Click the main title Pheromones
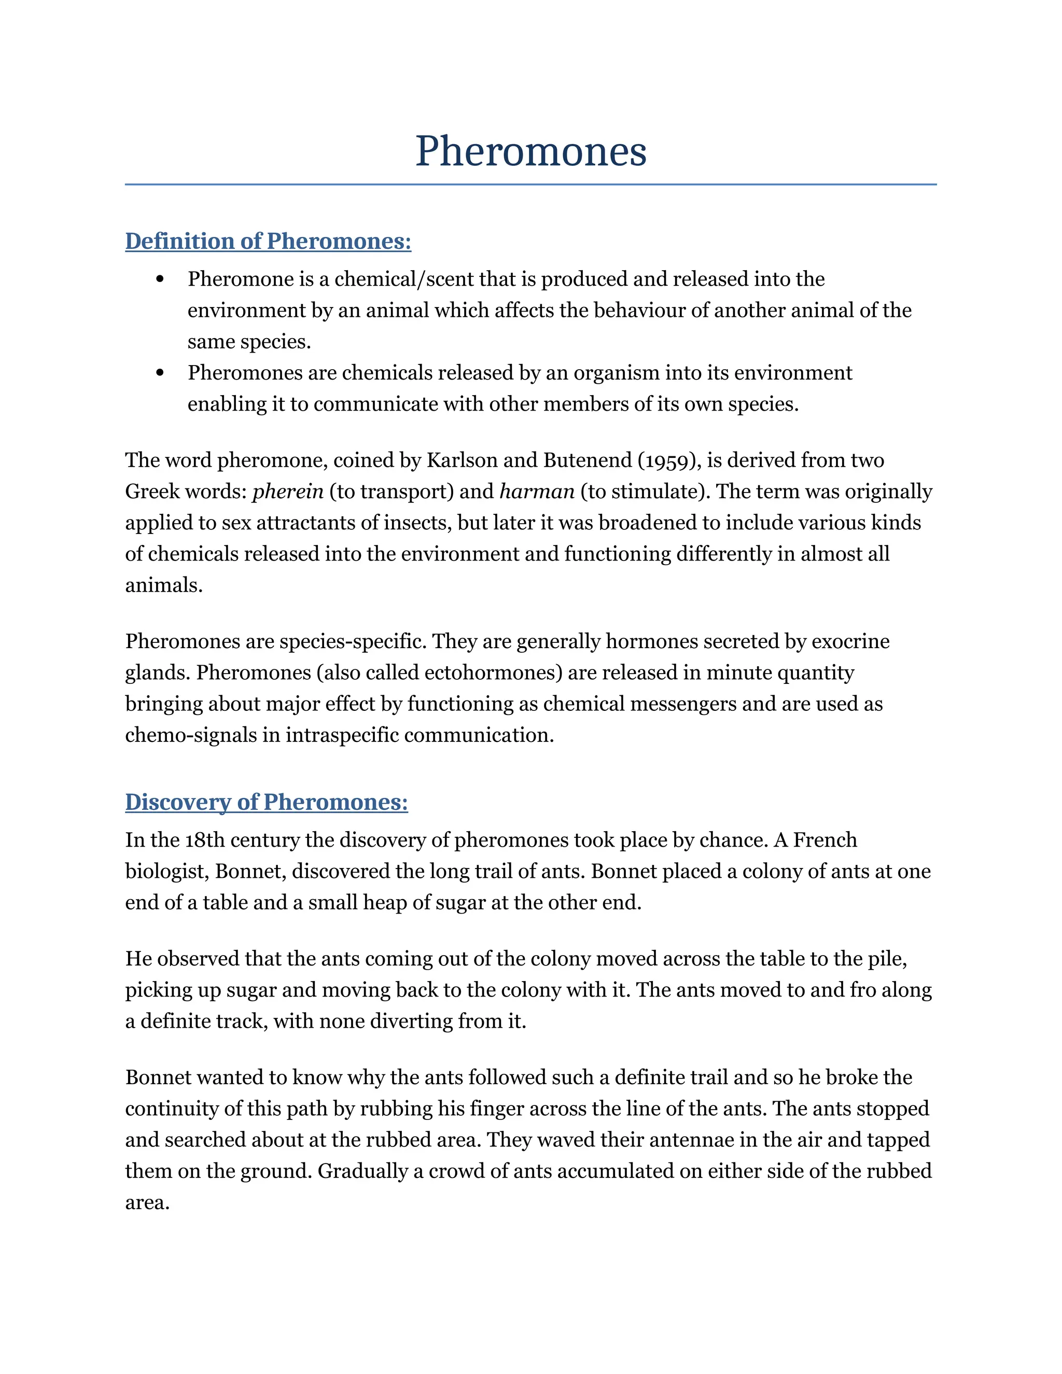[x=530, y=151]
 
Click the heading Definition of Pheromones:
[x=268, y=242]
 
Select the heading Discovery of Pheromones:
[x=266, y=802]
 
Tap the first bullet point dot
[x=160, y=279]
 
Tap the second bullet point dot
[x=160, y=373]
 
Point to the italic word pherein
[x=287, y=492]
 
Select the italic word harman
[x=537, y=492]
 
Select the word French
[x=825, y=840]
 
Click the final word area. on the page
[x=147, y=1203]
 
